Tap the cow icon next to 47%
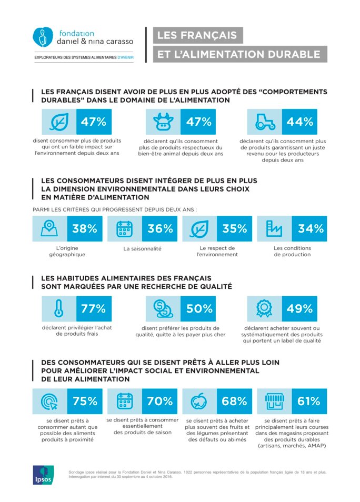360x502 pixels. coord(163,122)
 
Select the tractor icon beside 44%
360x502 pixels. coord(265,122)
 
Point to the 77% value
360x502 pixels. coord(94,309)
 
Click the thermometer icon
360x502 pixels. coord(59,309)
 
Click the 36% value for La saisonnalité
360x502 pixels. coord(160,229)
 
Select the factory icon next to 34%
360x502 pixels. coord(274,229)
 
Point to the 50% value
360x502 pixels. coord(198,309)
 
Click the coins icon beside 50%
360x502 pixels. coord(163,309)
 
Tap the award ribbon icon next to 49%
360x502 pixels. coord(265,309)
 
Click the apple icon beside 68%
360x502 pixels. coord(199,401)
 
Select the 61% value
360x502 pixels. coord(309,401)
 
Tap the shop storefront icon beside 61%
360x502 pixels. coord(274,401)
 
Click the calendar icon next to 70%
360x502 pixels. coord(125,401)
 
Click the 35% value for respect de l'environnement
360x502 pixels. coord(235,229)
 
